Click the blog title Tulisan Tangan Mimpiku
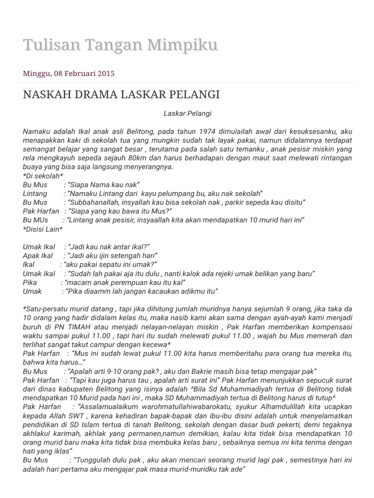tap(120, 45)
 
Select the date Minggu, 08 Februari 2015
tap(69, 73)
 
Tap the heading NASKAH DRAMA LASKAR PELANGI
tap(121, 94)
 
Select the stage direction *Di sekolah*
tap(43, 176)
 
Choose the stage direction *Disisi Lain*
tap(43, 229)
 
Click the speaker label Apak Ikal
tap(38, 256)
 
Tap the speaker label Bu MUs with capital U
tap(36, 220)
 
